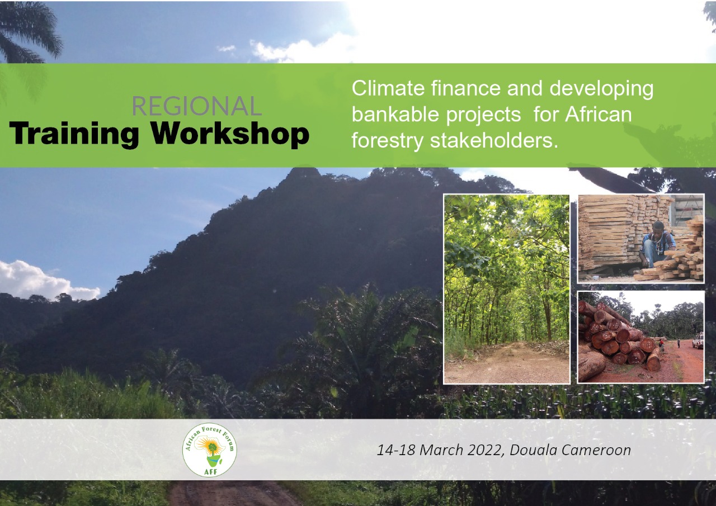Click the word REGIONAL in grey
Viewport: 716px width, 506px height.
pos(196,106)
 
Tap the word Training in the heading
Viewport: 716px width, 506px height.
pos(74,134)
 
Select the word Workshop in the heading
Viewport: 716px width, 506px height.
pos(230,134)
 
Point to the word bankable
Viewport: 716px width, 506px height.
pos(395,115)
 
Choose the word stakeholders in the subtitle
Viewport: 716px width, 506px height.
pos(494,140)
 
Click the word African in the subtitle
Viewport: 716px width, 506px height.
pos(599,115)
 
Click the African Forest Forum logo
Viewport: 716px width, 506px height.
pos(209,451)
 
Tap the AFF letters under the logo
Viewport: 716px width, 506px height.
pos(209,472)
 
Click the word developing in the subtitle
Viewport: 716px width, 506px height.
pos(601,89)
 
